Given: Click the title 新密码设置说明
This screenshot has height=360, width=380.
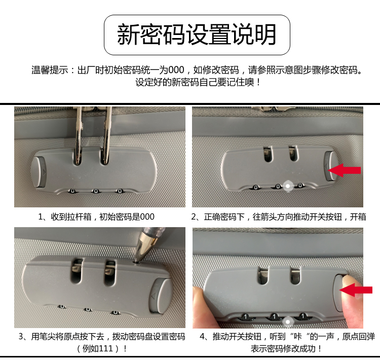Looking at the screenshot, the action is click(x=197, y=34).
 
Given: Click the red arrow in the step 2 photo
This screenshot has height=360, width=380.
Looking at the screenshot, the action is click(x=344, y=170).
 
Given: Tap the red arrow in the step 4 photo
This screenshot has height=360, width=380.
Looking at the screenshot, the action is click(x=356, y=290).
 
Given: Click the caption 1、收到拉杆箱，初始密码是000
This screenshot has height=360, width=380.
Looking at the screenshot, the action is click(x=96, y=217).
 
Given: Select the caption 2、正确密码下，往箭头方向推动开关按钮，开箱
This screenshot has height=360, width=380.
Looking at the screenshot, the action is click(x=279, y=217).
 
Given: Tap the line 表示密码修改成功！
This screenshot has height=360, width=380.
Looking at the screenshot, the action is click(x=286, y=349).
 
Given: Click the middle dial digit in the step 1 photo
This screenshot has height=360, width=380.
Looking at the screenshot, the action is click(x=96, y=191).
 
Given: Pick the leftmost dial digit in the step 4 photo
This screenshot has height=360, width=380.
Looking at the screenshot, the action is click(x=246, y=316).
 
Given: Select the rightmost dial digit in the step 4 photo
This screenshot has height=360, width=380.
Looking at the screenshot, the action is click(x=302, y=316).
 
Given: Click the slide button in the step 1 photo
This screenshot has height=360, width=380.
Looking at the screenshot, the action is click(x=39, y=172).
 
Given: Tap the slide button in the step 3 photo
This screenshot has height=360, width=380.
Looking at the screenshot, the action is click(x=161, y=296).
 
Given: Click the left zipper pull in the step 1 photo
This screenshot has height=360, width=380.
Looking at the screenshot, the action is click(x=79, y=136).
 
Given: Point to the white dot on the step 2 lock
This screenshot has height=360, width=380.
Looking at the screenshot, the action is click(x=288, y=186).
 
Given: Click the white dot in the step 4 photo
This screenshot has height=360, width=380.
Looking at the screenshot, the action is click(x=288, y=322).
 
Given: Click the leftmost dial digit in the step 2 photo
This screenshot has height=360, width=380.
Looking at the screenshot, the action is click(x=255, y=187).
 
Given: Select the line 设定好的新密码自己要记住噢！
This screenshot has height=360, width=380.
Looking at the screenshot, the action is click(x=198, y=82).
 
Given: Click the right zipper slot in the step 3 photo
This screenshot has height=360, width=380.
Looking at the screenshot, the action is click(x=109, y=272).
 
